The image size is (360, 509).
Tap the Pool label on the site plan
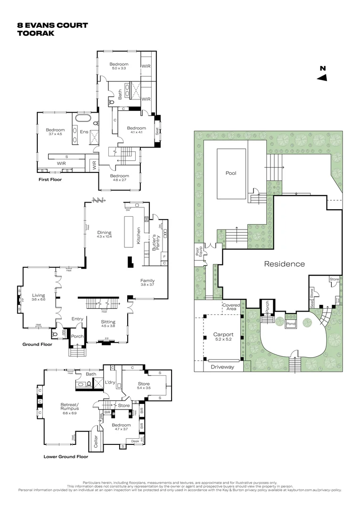click(x=230, y=173)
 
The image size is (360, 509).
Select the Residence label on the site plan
click(x=284, y=264)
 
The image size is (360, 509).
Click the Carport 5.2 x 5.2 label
click(x=217, y=337)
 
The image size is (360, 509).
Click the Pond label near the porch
click(x=291, y=324)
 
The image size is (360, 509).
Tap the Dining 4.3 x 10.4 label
click(x=104, y=234)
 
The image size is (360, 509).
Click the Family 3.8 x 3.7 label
click(x=147, y=283)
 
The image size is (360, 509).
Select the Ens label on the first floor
click(x=84, y=131)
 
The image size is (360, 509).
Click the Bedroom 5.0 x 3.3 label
click(x=119, y=66)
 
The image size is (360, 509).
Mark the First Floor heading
click(x=50, y=180)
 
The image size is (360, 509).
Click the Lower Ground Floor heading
click(x=65, y=456)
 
